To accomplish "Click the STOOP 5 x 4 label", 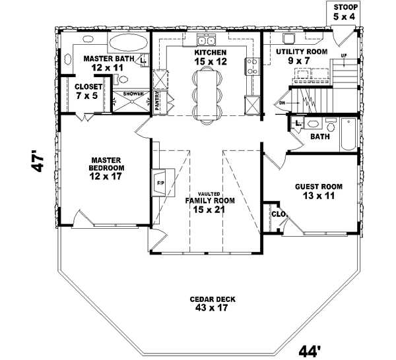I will tap(343, 11).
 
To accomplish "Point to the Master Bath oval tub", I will tap(129, 44).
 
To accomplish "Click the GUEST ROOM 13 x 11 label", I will tap(315, 191).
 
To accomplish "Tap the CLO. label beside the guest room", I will tap(277, 214).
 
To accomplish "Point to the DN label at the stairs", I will tap(282, 102).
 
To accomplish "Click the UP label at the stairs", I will tap(343, 55).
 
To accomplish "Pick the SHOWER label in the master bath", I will tap(133, 94).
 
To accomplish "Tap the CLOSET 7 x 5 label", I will tap(87, 91).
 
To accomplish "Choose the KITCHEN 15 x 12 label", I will tap(211, 57).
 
